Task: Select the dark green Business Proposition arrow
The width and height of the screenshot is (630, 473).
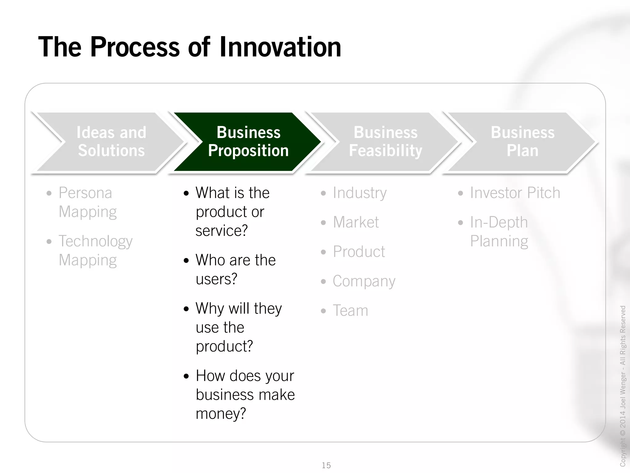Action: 248,142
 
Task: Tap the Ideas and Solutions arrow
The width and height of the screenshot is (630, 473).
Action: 111,142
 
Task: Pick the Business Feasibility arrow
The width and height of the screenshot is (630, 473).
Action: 385,142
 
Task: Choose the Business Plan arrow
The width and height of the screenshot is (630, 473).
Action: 522,142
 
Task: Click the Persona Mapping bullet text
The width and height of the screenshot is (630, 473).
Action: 87,202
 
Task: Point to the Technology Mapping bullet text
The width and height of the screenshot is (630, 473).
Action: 95,250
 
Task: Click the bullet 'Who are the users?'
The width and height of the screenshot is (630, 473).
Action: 235,269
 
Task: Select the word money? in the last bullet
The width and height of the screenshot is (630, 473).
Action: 221,414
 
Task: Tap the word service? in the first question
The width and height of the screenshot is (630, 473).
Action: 221,231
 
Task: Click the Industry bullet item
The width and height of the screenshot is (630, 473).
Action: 359,193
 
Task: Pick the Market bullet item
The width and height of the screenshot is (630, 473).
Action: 356,222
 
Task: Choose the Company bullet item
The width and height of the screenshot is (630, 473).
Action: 364,281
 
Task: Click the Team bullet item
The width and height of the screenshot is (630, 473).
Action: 350,310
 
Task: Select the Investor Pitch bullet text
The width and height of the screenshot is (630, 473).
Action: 515,193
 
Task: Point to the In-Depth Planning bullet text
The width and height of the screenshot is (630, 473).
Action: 499,232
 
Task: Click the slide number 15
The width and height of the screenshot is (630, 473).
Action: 326,465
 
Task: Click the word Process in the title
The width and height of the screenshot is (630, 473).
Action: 135,47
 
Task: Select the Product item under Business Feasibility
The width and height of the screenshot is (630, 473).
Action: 359,252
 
